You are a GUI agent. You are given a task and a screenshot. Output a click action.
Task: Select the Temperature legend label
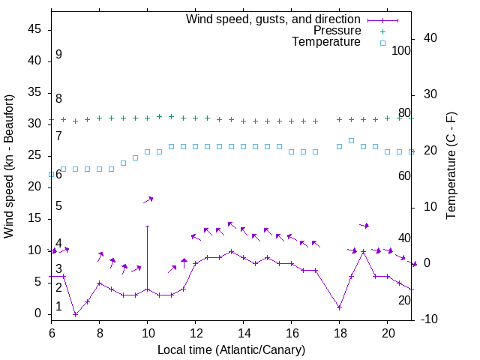(x=326, y=43)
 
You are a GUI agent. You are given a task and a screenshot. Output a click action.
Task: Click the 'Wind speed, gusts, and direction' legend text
(x=274, y=19)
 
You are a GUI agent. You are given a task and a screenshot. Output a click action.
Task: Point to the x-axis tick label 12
(x=195, y=332)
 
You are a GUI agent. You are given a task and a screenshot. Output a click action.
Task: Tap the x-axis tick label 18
(x=339, y=332)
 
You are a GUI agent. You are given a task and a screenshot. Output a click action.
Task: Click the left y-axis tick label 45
(x=34, y=28)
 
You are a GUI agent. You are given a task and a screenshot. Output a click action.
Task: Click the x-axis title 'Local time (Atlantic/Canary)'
(x=231, y=349)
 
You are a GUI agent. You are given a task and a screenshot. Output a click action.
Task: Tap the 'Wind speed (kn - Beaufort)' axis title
(x=9, y=166)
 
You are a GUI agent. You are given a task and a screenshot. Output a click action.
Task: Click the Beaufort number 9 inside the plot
(x=58, y=55)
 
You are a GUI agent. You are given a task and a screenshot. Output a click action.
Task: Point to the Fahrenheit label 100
(x=401, y=50)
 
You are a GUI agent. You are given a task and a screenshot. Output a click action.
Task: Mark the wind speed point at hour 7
(x=75, y=314)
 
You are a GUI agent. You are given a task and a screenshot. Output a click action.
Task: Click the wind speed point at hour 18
(x=339, y=307)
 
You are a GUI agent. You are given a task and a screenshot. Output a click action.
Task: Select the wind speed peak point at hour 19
(x=363, y=251)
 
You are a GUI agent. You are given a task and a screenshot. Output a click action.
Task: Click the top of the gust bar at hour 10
(x=147, y=226)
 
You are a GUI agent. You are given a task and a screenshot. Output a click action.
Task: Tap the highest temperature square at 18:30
(x=351, y=140)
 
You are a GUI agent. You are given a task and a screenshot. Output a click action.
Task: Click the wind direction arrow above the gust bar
(x=148, y=199)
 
